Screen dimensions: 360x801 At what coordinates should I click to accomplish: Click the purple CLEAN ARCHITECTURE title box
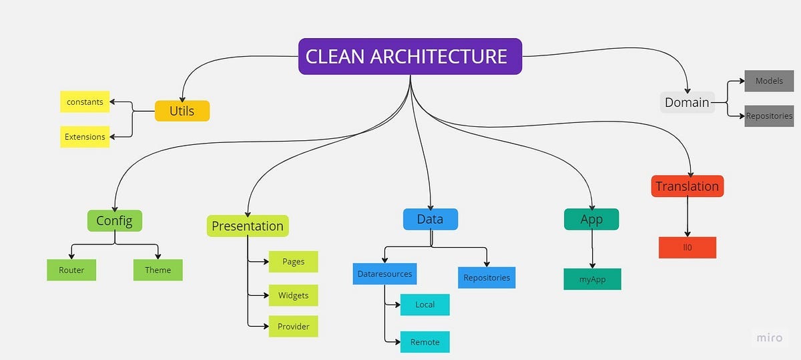pyautogui.click(x=410, y=56)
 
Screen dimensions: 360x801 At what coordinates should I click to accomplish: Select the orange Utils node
pyautogui.click(x=182, y=111)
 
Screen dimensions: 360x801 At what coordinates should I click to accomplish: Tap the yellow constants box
pyautogui.click(x=85, y=102)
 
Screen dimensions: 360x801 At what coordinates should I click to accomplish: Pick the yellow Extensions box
pyautogui.click(x=85, y=137)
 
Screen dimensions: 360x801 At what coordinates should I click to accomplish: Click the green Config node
pyautogui.click(x=115, y=220)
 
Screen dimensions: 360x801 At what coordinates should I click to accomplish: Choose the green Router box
pyautogui.click(x=71, y=270)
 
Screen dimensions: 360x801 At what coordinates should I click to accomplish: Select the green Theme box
pyautogui.click(x=158, y=270)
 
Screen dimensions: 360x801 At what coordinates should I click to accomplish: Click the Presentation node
pyautogui.click(x=248, y=226)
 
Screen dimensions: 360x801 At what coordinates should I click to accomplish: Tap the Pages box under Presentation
pyautogui.click(x=293, y=262)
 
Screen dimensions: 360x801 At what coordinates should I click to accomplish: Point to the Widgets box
pyautogui.click(x=293, y=295)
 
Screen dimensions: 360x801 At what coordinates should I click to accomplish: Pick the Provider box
pyautogui.click(x=293, y=326)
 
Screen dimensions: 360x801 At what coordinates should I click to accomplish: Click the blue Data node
pyautogui.click(x=431, y=219)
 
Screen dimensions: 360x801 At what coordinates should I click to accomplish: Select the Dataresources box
pyautogui.click(x=384, y=274)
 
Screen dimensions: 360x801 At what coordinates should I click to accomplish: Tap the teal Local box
pyautogui.click(x=425, y=305)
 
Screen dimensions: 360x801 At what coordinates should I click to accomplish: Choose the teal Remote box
pyautogui.click(x=425, y=342)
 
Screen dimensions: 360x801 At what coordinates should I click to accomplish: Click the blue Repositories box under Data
pyautogui.click(x=487, y=277)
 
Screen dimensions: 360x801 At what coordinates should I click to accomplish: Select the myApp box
pyautogui.click(x=593, y=279)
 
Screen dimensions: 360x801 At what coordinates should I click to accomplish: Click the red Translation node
pyautogui.click(x=687, y=186)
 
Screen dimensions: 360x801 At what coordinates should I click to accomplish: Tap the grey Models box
pyautogui.click(x=769, y=81)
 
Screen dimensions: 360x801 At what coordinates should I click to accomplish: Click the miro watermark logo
pyautogui.click(x=770, y=338)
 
